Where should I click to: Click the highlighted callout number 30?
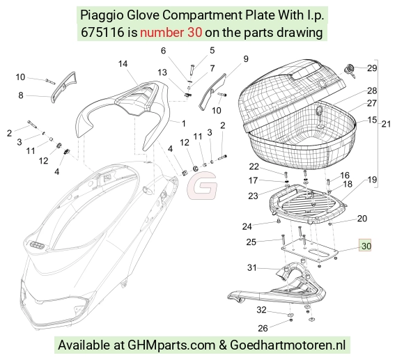(x=366, y=246)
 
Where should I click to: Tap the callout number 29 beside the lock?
(x=372, y=68)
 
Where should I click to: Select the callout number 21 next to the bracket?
(x=386, y=124)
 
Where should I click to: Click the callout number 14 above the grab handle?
(x=123, y=63)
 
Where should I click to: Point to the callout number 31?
(x=252, y=268)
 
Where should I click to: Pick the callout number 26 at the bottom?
(x=263, y=328)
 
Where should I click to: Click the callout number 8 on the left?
(x=21, y=95)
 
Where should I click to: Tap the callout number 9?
(x=246, y=59)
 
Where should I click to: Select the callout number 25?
(x=251, y=242)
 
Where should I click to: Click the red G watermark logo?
(x=202, y=186)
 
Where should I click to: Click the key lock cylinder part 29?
(x=350, y=70)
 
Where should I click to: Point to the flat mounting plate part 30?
(x=309, y=250)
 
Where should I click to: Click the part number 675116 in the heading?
(x=102, y=33)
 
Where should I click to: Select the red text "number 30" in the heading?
(x=171, y=33)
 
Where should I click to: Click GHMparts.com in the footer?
(x=171, y=345)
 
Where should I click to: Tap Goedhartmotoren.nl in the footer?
(x=288, y=345)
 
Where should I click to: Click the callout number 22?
(x=254, y=166)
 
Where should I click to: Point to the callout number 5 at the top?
(x=212, y=50)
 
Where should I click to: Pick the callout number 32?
(x=261, y=310)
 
